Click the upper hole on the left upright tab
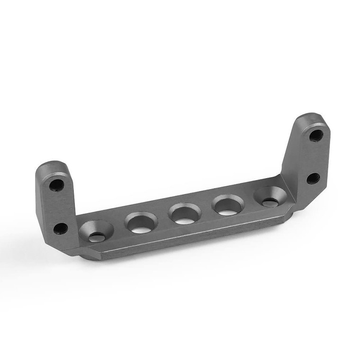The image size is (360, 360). click(56, 185)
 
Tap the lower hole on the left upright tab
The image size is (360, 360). click(60, 228)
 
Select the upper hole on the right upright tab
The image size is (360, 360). click(316, 135)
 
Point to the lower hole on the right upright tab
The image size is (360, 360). click(313, 179)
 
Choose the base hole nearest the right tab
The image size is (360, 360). click(270, 197)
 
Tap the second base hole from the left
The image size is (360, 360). click(141, 223)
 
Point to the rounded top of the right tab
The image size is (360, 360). click(310, 117)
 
